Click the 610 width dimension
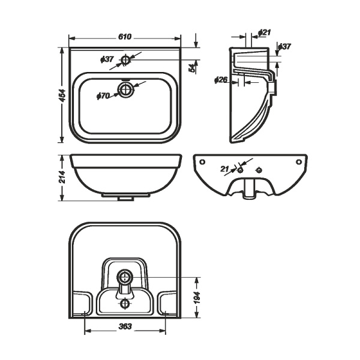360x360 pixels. point(124,37)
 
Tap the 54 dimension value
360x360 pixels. point(192,68)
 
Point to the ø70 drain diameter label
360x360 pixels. point(103,95)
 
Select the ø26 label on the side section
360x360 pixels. point(221,80)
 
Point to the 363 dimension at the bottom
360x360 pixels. point(125,327)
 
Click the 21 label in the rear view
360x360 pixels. point(225,170)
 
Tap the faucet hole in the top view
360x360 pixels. point(126,59)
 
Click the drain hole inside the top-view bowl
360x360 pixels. point(126,90)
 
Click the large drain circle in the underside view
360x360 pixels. point(125,277)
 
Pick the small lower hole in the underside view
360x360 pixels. point(125,304)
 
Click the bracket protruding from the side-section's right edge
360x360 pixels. point(275,88)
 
